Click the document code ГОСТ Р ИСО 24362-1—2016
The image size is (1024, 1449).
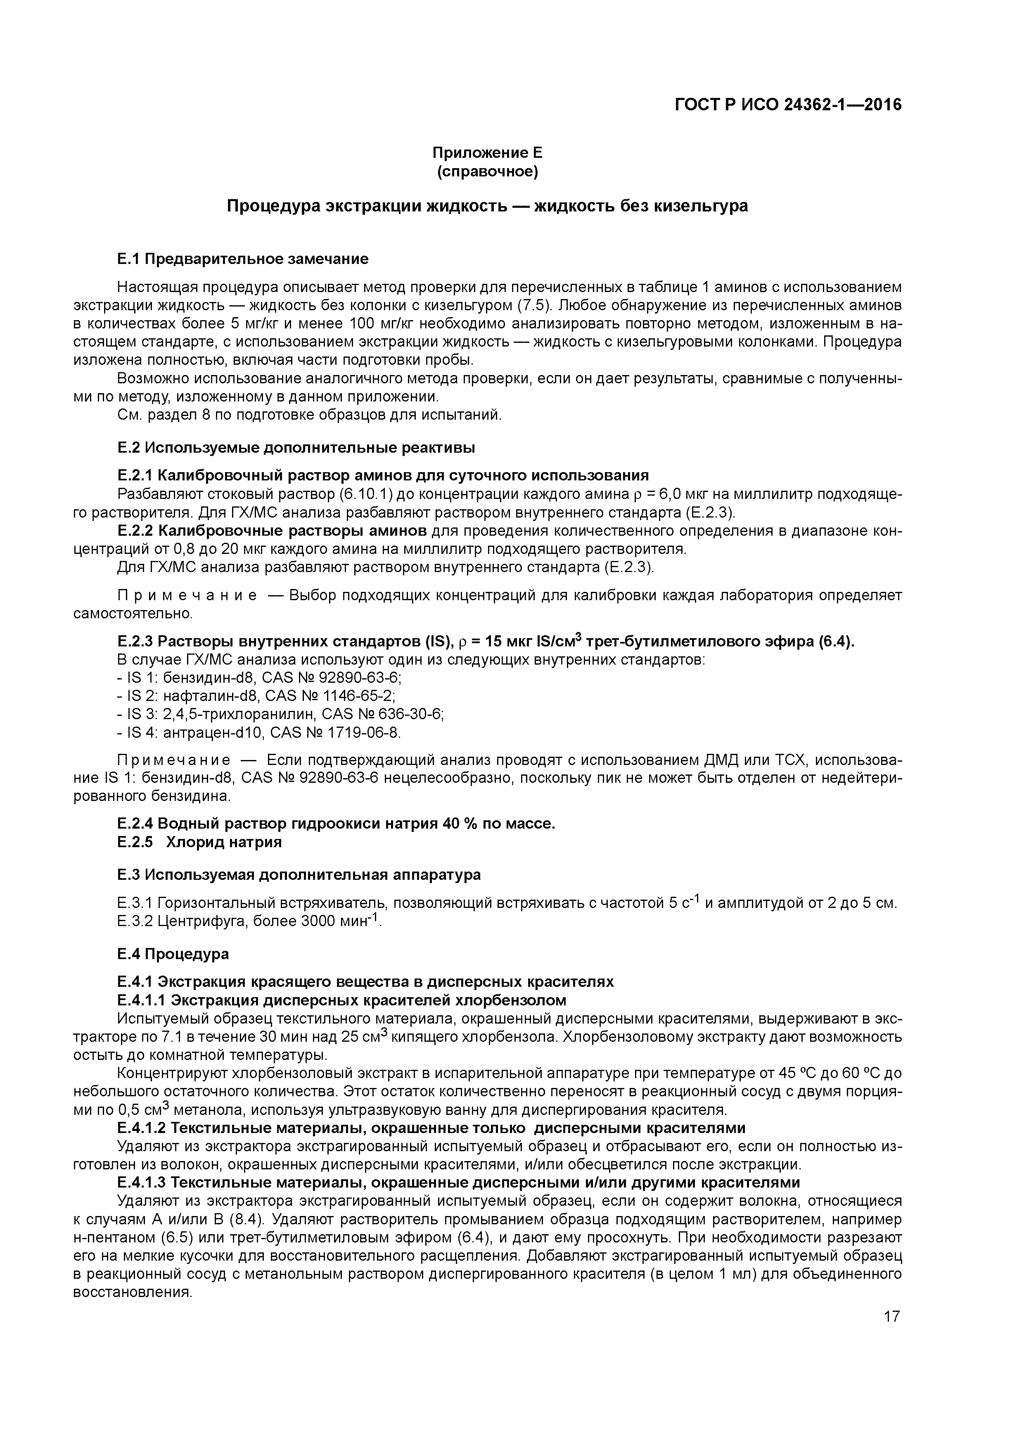(788, 104)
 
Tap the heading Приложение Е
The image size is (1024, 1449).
(487, 153)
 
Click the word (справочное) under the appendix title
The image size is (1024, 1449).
(487, 172)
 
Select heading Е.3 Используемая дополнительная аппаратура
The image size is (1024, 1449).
(299, 875)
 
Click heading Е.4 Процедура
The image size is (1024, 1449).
(173, 954)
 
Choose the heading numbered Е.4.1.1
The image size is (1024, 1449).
(142, 1000)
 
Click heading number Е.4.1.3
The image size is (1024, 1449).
(142, 1182)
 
